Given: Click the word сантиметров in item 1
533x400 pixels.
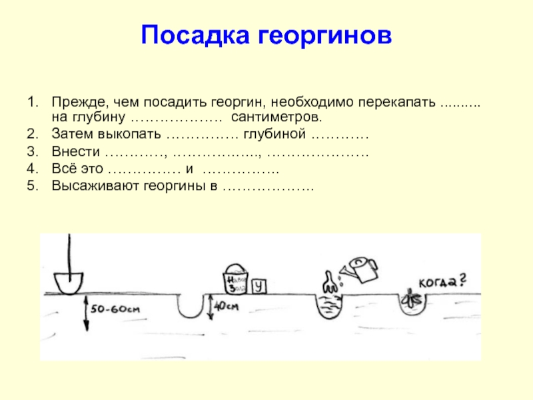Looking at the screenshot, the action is pyautogui.click(x=276, y=118).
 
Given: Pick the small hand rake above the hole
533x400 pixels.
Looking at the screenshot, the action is pyautogui.click(x=328, y=282).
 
